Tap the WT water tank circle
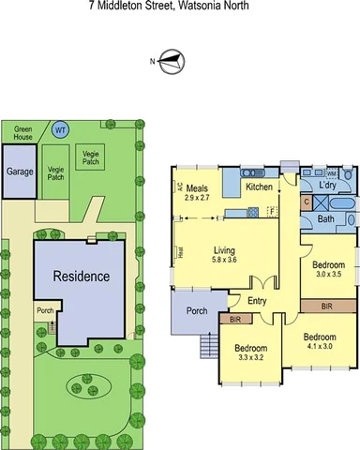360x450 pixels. coord(60,129)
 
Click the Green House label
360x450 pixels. coord(22,132)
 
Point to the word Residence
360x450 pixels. coord(80,277)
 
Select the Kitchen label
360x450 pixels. coord(259,187)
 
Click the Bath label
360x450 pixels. coord(325,219)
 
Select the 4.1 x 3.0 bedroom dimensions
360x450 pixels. coord(319,346)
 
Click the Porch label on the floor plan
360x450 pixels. coord(197,311)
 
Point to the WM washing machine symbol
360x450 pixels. coord(331,173)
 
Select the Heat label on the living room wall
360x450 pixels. coord(178,250)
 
